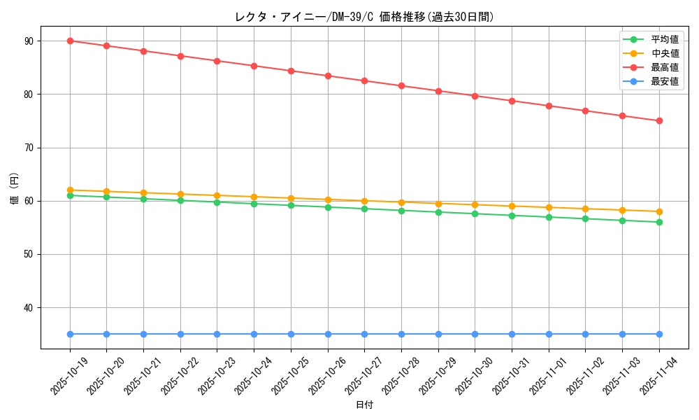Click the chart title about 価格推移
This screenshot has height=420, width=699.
point(364,17)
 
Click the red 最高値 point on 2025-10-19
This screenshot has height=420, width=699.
point(70,41)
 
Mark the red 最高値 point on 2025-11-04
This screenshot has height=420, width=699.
point(659,120)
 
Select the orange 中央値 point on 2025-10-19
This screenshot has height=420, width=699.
point(70,190)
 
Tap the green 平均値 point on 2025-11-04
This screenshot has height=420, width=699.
point(659,222)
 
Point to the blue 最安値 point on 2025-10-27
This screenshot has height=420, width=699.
point(364,334)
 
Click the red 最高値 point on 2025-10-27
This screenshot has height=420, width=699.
point(364,80)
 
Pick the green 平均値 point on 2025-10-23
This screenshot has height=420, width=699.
point(217,202)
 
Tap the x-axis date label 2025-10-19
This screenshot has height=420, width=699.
point(69,376)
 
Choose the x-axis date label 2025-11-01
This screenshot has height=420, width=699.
point(548,376)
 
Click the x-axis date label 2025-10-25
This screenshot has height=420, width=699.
point(290,376)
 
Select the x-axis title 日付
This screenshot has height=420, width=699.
point(364,405)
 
